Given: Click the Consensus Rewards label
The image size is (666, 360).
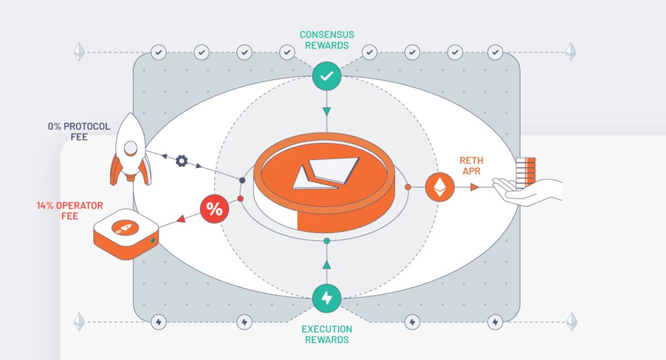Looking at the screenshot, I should point(326,40).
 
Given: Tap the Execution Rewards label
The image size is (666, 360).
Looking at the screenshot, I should point(326,334).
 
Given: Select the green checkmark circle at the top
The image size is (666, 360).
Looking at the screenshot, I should point(326,76).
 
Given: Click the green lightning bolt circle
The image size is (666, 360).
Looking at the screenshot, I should point(326,298).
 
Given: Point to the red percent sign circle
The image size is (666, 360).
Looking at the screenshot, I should point(214,209).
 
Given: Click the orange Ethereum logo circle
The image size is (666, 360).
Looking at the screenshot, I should point(440,187).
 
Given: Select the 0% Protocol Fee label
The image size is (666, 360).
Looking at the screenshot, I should point(79,131).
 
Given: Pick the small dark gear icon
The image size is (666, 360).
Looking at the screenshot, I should point(181,161).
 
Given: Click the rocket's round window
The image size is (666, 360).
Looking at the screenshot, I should point(130,147).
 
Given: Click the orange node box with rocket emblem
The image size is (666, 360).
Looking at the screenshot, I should point(125,234).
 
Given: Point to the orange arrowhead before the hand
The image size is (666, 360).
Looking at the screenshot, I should point(475,187).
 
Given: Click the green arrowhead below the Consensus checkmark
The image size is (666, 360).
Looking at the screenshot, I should point(326,111).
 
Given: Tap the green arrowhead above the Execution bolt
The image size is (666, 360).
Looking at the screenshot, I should point(326,264).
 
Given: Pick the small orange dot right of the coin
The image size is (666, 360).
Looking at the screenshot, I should point(408,187).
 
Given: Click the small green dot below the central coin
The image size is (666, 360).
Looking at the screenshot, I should point(326,241).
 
